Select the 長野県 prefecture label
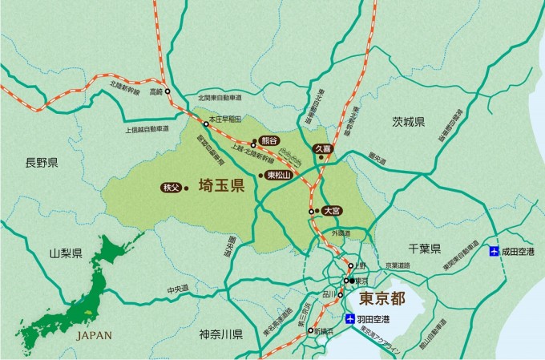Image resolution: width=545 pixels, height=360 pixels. (x=42, y=163)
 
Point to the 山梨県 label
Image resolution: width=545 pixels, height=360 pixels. (x=66, y=253)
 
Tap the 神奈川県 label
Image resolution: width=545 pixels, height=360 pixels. (x=221, y=332)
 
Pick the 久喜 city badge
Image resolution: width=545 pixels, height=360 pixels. (x=322, y=148)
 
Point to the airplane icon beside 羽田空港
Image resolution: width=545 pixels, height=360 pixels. (x=350, y=319)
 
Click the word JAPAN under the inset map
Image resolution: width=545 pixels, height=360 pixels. (x=94, y=335)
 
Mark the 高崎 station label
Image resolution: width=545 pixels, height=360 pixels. (x=155, y=92)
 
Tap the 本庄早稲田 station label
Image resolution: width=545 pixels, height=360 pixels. (x=224, y=118)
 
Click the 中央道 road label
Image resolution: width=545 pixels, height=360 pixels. (x=177, y=288)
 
